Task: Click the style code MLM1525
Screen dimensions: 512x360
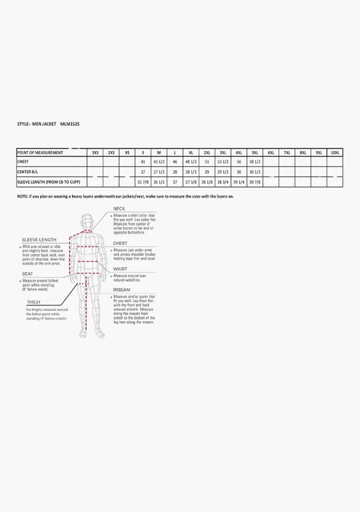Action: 70,124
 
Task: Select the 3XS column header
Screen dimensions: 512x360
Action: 95,153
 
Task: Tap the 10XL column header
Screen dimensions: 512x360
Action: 335,153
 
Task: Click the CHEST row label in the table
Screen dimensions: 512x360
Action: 23,162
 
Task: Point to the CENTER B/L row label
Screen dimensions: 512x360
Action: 27,172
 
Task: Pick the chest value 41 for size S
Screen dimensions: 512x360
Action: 143,162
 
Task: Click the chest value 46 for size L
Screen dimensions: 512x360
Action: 175,162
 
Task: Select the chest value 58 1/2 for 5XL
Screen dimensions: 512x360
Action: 255,162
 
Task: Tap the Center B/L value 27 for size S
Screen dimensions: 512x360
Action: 143,172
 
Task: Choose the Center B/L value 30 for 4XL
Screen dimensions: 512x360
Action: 239,172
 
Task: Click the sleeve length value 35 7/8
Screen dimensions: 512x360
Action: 143,182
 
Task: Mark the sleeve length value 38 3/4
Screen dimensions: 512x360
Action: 223,182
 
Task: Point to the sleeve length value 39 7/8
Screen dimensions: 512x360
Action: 255,182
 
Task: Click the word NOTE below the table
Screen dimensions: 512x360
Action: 22,196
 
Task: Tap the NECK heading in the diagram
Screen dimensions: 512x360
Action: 119,209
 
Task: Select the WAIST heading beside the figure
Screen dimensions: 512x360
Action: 120,269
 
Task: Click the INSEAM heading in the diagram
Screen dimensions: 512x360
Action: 121,290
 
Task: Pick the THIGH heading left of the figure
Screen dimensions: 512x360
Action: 34,303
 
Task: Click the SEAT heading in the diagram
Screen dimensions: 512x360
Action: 28,274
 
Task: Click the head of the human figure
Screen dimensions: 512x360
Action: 87,220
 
